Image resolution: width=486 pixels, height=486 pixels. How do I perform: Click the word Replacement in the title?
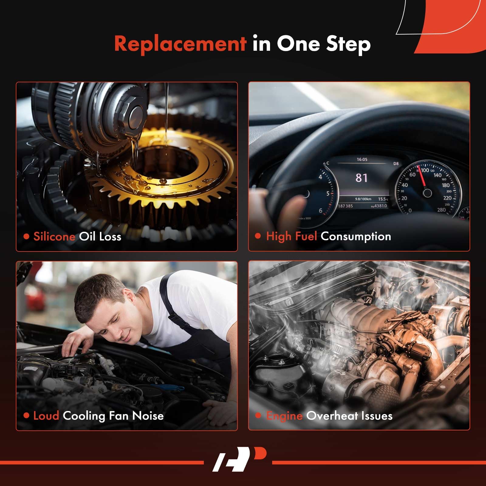(180, 43)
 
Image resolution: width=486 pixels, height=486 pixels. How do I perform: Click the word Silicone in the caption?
(54, 236)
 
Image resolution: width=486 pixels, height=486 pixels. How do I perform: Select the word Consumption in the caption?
(356, 236)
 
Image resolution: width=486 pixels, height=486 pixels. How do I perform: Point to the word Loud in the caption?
(46, 416)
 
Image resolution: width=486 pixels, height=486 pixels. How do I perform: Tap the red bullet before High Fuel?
(258, 236)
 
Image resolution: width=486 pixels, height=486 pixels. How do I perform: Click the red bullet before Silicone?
(26, 236)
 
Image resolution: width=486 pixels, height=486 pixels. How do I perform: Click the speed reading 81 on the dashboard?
(361, 178)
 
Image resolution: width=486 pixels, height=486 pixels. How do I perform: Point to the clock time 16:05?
(362, 159)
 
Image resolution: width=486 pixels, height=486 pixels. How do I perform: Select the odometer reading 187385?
(346, 206)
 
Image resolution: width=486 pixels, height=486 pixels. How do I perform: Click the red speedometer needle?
(422, 176)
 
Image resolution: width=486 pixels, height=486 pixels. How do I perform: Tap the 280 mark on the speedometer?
(441, 210)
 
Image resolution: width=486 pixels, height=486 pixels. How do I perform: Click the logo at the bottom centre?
(239, 459)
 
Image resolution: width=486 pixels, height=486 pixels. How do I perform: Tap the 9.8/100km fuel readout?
(363, 199)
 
